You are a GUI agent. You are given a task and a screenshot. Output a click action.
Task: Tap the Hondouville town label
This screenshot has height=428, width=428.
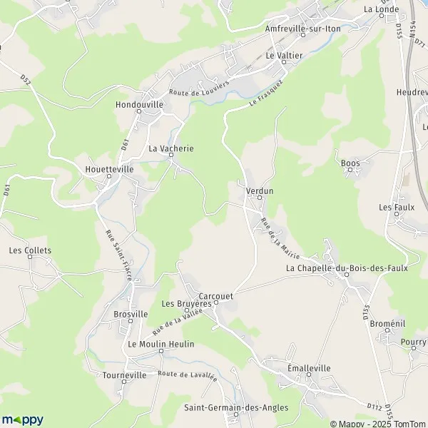pos(139,104)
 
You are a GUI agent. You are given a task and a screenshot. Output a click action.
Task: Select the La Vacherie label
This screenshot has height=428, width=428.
pos(171,148)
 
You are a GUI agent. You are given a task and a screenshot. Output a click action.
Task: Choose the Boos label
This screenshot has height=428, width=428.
pos(350,163)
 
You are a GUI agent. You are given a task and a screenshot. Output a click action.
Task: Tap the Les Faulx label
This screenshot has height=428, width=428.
pos(397,207)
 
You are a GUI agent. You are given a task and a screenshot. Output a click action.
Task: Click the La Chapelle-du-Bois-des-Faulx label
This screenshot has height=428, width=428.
pos(347,268)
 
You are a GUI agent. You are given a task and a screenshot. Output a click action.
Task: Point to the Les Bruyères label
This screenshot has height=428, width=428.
pos(187,303)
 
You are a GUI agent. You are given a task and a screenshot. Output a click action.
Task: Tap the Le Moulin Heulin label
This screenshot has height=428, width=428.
pos(160,344)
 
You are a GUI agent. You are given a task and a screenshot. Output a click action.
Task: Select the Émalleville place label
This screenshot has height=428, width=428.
pos(309,368)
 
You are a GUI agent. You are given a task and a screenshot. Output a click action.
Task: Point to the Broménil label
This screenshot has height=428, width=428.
pos(388,324)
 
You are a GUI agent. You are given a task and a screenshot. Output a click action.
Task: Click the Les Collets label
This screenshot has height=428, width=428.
pos(30,250)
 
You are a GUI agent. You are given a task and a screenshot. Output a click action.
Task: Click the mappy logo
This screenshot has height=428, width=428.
pos(23,419)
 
